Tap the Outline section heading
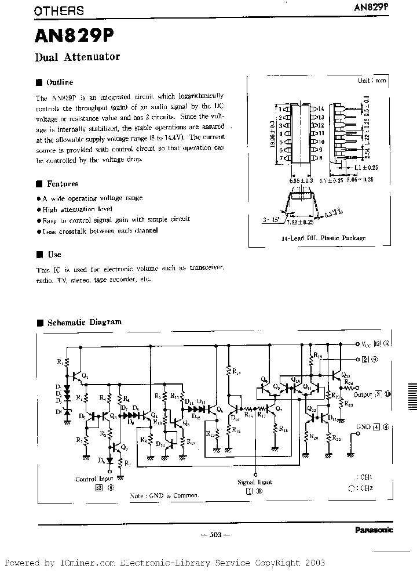click(60, 82)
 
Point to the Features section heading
click(62, 184)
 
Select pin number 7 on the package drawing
click(280, 158)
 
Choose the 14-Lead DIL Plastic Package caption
click(324, 238)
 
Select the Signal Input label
click(255, 482)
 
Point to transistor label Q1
click(86, 375)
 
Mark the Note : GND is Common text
click(164, 495)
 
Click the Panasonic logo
click(373, 530)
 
